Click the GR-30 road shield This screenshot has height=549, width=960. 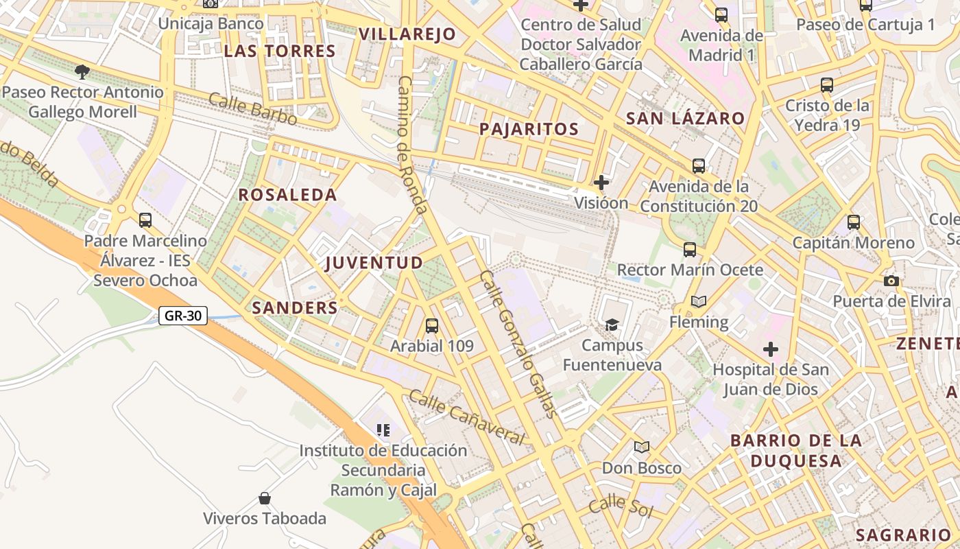click(x=183, y=316)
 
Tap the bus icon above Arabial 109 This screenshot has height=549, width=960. click(x=432, y=326)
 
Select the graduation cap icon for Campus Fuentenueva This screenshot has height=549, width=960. click(x=612, y=325)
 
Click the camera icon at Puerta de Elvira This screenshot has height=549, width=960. click(x=891, y=281)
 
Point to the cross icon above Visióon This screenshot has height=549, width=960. click(x=601, y=183)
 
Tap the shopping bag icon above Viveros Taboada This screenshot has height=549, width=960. click(x=265, y=498)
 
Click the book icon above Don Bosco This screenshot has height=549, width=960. click(x=642, y=447)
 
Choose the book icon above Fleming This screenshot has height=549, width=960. click(x=699, y=301)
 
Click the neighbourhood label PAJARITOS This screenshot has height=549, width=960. click(x=529, y=129)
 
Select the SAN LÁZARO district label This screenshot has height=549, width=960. click(x=685, y=118)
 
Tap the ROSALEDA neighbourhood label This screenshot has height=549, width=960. click(x=287, y=195)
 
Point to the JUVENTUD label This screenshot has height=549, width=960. click(x=374, y=263)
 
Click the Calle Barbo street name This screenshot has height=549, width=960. click(x=252, y=109)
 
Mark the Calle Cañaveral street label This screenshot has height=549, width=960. click(x=466, y=417)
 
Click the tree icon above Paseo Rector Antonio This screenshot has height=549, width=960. click(x=82, y=72)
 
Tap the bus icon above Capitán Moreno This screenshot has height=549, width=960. click(x=854, y=222)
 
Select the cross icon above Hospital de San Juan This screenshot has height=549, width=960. click(x=771, y=349)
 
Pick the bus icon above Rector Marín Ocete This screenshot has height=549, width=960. click(x=690, y=250)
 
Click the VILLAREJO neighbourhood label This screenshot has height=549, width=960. click(x=407, y=34)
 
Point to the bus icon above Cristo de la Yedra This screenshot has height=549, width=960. click(x=827, y=86)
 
